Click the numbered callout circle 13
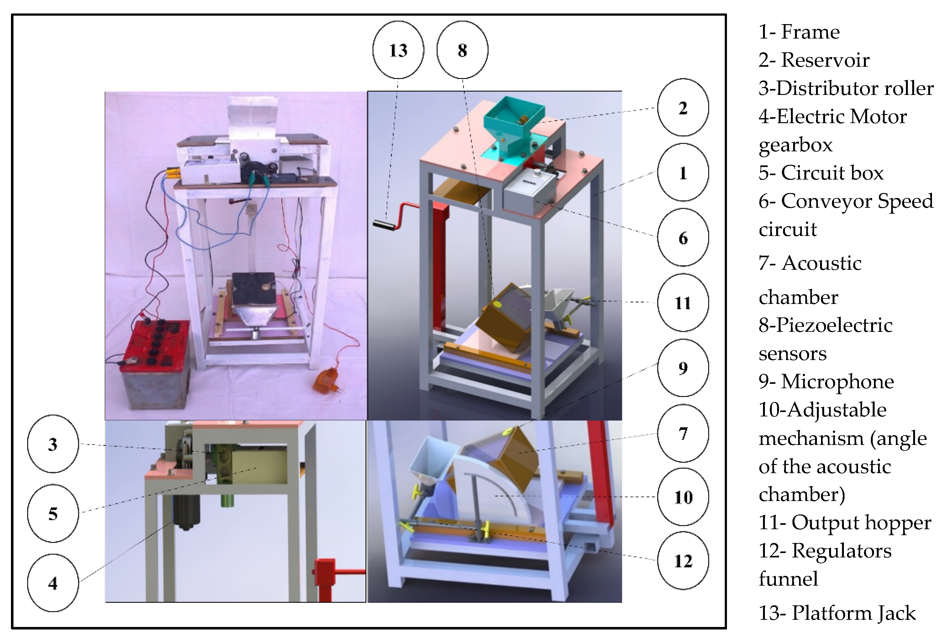(x=398, y=50)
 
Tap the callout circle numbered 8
(x=462, y=50)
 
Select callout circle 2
(x=683, y=107)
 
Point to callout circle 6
(x=683, y=238)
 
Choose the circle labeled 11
(x=683, y=303)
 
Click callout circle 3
(x=53, y=444)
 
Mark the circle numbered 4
(x=53, y=583)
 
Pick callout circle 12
(x=683, y=561)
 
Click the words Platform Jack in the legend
(x=854, y=613)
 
